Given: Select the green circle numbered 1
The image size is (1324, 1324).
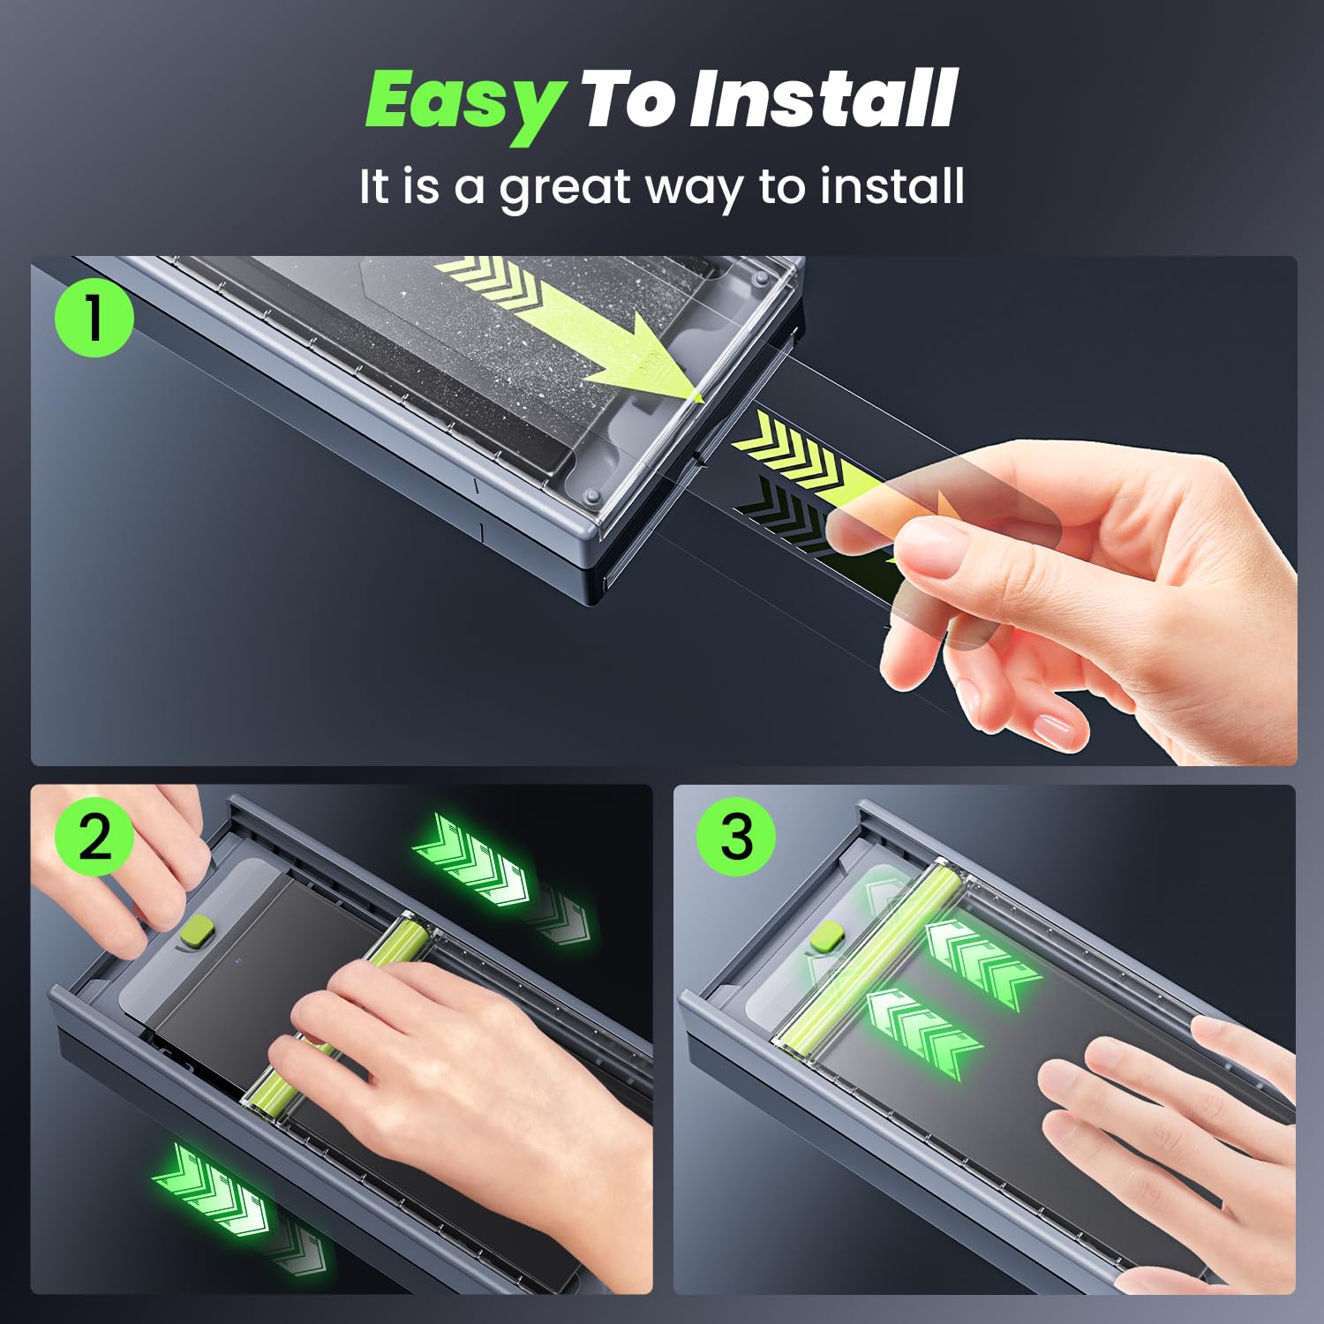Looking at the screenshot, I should click(94, 318).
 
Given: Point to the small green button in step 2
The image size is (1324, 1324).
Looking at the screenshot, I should click(196, 929).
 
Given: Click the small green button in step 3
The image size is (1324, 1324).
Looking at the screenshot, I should click(826, 936).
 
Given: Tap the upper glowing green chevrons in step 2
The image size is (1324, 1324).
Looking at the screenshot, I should click(472, 861).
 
